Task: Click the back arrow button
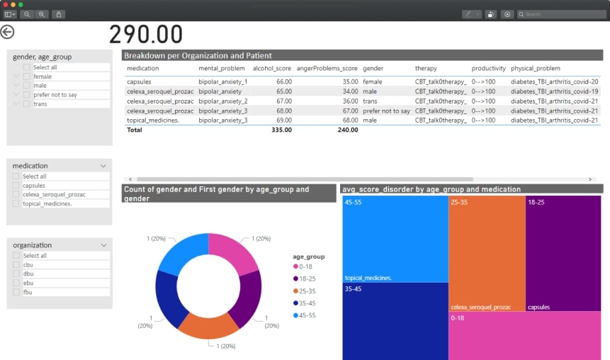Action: [7, 32]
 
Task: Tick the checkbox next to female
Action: [27, 77]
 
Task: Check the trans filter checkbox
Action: [27, 104]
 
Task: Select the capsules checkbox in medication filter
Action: [16, 186]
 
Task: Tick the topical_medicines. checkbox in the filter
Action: [16, 204]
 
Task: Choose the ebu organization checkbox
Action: [16, 283]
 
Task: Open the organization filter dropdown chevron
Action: [103, 245]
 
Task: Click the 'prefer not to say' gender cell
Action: [386, 111]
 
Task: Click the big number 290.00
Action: [146, 35]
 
